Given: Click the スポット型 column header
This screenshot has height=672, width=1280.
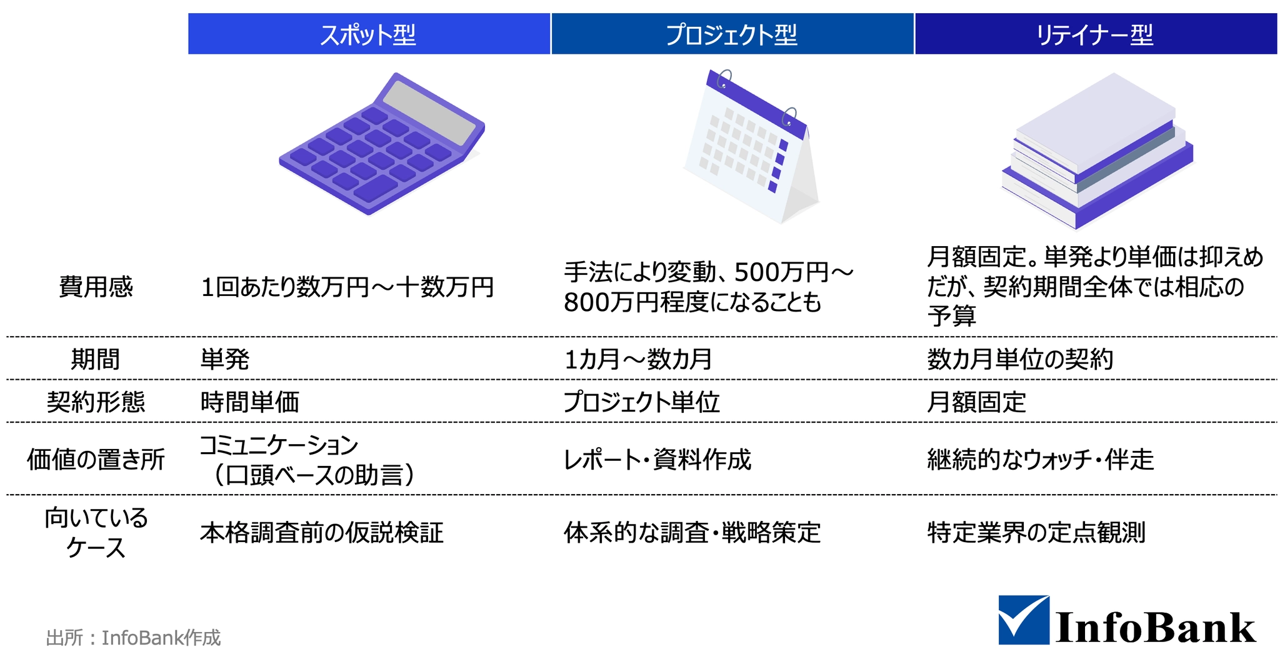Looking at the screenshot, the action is point(369,34).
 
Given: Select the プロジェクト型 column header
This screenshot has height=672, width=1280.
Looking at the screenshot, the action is point(732,34).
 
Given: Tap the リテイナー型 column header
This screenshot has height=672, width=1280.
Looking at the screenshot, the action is point(1096,34).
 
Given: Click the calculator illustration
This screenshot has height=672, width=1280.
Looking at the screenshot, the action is point(382,144).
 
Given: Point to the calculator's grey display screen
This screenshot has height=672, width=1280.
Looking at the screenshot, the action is point(429,113).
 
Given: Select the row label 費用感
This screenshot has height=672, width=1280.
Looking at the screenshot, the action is point(96,287).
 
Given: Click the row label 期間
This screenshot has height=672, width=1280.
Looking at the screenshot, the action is point(95,359).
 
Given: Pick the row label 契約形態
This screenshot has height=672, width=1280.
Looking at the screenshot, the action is point(96,402).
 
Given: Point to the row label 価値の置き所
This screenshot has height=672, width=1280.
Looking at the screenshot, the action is point(96,460).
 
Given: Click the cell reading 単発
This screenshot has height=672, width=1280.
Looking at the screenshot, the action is point(225,359).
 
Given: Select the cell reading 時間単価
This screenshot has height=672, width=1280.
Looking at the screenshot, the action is point(250,402).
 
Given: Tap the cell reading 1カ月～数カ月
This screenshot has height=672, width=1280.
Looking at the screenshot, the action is point(638,359).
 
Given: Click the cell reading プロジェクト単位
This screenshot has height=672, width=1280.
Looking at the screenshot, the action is point(642,402).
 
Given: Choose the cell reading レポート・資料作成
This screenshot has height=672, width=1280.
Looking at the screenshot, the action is point(657,460).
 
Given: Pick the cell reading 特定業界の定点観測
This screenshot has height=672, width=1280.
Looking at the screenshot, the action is point(1036,533).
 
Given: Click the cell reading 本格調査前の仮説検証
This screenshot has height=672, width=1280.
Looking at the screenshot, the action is point(322,533).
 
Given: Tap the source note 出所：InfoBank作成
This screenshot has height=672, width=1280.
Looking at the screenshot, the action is point(133,638).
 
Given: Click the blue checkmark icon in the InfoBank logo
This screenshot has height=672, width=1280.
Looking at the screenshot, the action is point(1024,620).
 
